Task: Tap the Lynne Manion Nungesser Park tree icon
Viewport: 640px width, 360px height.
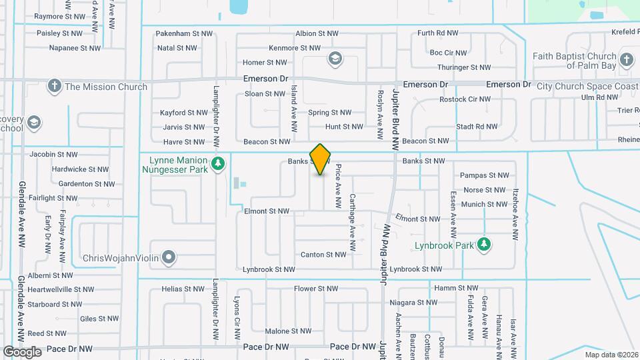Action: click(217, 163)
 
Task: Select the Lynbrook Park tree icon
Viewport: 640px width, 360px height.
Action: click(485, 245)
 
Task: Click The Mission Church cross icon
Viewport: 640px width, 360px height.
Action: click(54, 86)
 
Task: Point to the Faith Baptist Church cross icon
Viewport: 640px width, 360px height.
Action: click(626, 60)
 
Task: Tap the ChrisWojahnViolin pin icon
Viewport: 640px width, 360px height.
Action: click(169, 257)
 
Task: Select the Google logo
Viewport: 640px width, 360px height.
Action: click(23, 351)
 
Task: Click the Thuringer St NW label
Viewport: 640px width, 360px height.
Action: click(464, 67)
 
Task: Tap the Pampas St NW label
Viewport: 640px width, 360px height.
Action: click(485, 175)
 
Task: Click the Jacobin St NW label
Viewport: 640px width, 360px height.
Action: click(54, 154)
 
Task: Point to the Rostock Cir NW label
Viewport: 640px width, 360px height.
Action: click(465, 99)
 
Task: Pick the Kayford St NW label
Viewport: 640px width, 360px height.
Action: click(183, 113)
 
